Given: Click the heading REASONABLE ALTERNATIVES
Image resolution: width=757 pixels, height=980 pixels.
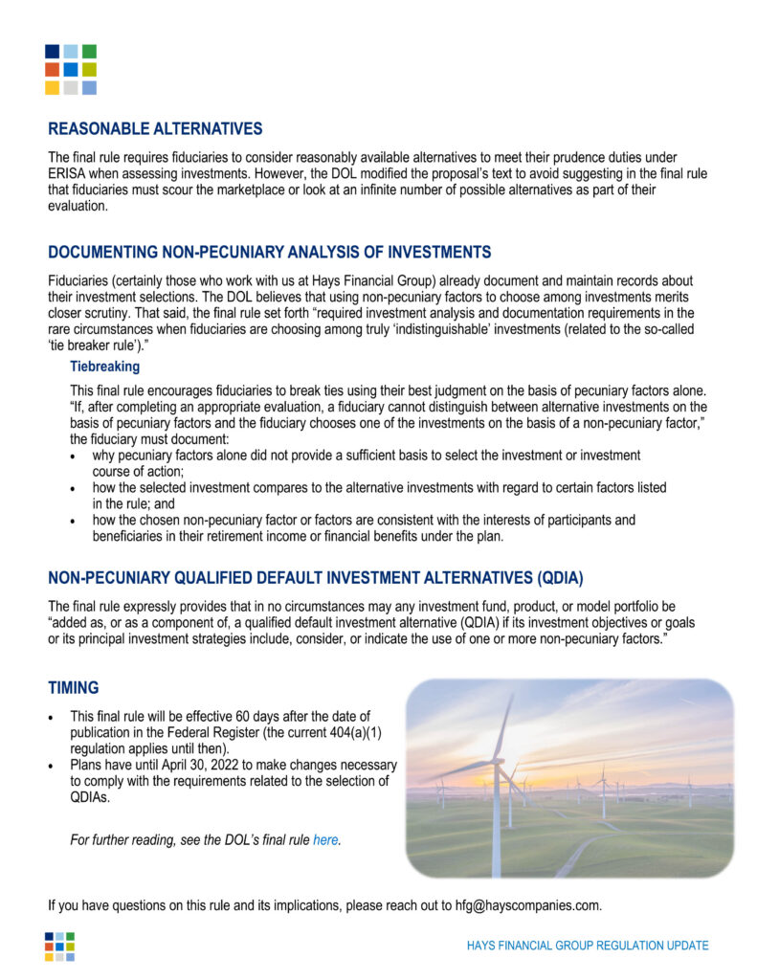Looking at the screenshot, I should coord(155,129).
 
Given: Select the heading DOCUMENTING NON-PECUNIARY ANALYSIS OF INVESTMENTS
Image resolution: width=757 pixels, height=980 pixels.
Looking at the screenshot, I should coord(269,253).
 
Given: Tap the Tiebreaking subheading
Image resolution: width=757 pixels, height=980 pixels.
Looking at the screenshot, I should coord(104,367).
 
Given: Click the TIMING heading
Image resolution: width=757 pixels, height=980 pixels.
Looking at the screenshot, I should coord(74,688).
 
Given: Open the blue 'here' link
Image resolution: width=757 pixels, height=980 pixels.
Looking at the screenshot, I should coord(325,840).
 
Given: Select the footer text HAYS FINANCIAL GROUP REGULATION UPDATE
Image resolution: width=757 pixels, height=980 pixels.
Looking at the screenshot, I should coord(588,946).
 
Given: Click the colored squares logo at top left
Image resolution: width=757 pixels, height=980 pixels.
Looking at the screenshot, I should coord(71,70).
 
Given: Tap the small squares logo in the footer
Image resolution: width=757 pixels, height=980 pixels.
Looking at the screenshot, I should coord(59,947).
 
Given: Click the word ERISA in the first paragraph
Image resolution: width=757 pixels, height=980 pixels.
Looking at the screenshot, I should coord(68,174).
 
